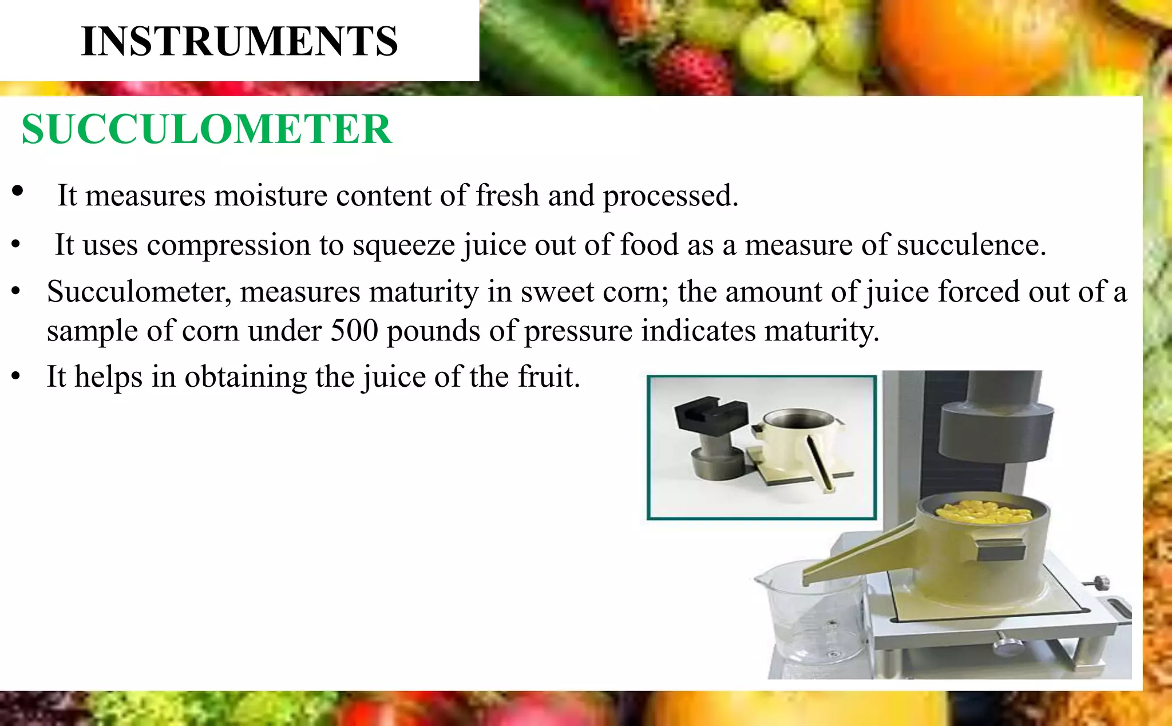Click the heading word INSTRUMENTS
239,41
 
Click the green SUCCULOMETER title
207,129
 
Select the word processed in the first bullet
670,196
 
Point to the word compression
228,245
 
